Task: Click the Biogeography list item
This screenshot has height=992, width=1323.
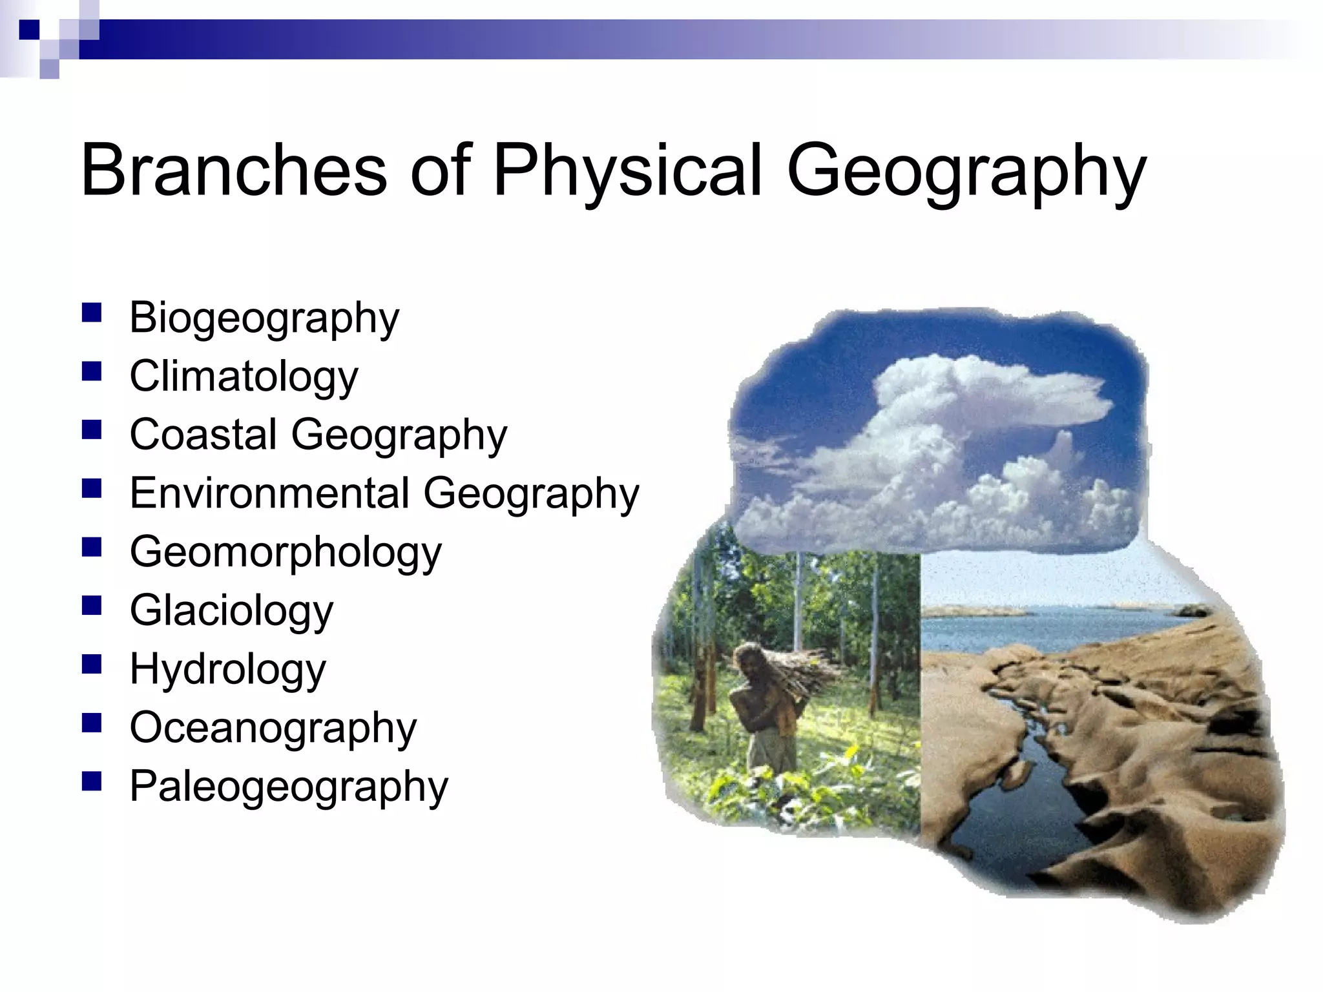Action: pyautogui.click(x=264, y=318)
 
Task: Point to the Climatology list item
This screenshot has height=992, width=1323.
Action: pyautogui.click(x=244, y=377)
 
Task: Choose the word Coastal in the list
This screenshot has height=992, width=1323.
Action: pyautogui.click(x=203, y=434)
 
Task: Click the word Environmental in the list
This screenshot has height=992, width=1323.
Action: pyautogui.click(x=269, y=493)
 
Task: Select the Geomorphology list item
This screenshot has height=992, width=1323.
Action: pyautogui.click(x=286, y=553)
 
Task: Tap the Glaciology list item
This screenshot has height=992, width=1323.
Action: pyautogui.click(x=231, y=611)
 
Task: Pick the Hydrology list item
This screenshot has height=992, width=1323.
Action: pyautogui.click(x=227, y=670)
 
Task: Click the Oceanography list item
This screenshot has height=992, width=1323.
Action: pyautogui.click(x=273, y=728)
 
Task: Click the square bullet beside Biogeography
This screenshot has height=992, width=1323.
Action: pyautogui.click(x=92, y=313)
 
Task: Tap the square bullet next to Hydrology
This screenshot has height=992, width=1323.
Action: pyautogui.click(x=92, y=665)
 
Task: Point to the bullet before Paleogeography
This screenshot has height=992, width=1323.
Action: pyautogui.click(x=92, y=782)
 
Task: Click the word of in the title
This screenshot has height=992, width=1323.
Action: pyautogui.click(x=440, y=170)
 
